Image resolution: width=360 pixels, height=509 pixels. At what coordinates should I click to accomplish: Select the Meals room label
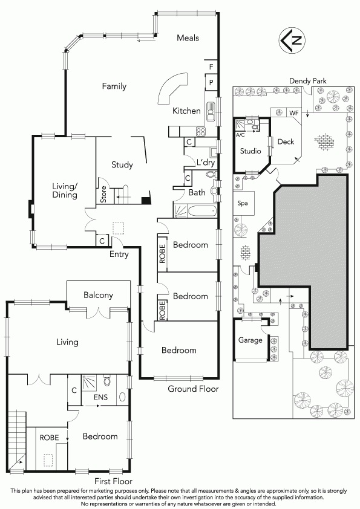(188, 38)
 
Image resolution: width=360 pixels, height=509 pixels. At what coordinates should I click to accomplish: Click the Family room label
(114, 86)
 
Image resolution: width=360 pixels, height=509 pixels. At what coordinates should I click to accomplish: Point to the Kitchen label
(186, 111)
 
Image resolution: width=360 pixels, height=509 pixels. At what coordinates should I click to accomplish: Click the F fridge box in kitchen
(211, 66)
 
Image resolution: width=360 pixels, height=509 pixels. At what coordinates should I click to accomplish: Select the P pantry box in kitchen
(211, 82)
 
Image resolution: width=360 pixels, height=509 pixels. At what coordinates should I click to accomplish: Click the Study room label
(122, 164)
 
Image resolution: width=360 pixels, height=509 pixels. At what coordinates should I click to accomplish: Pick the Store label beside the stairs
(104, 195)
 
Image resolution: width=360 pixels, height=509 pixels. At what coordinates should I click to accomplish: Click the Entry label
(119, 254)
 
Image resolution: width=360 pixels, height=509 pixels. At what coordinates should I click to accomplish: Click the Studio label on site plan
(250, 151)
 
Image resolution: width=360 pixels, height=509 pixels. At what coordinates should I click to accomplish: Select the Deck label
(286, 141)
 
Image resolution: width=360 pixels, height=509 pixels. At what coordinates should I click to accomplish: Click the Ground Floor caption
(193, 389)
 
